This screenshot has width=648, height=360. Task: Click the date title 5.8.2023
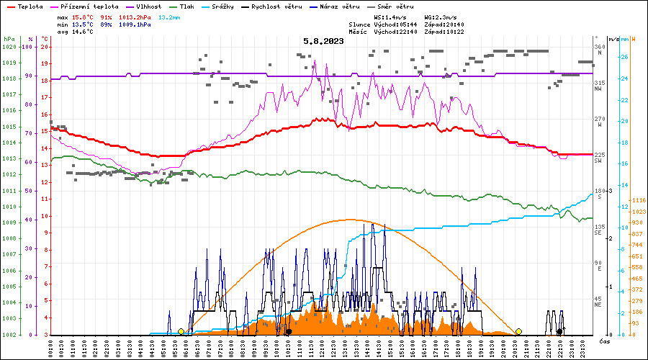pos(323,42)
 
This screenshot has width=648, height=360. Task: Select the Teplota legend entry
pos(30,6)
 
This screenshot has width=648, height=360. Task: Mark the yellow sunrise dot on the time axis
pos(181,331)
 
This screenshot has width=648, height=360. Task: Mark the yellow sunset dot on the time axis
pos(518,331)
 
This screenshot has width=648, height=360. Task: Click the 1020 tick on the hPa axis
pos(9,47)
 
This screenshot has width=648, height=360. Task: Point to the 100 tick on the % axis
pos(30,47)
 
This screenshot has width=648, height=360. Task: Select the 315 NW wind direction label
pos(598,86)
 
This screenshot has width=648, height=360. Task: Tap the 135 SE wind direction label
pos(598,230)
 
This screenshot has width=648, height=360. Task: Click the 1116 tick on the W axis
pos(636,200)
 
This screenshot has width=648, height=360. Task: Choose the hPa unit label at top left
pos(8,38)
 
